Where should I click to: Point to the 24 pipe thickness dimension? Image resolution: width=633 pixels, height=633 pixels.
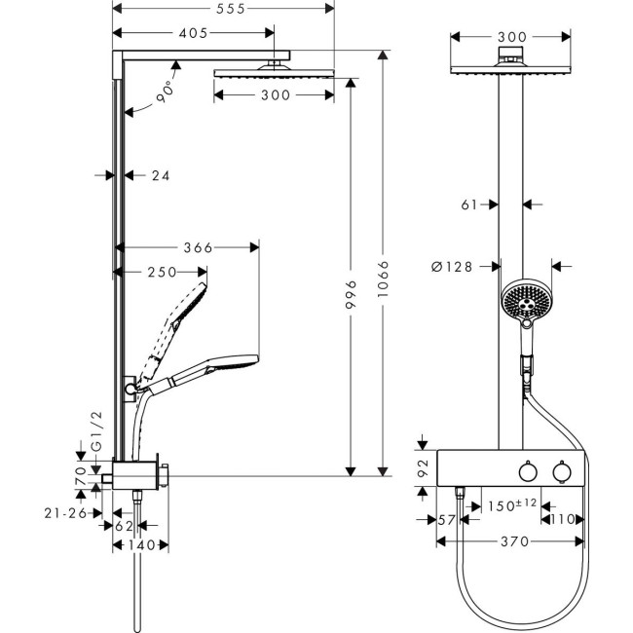click(x=161, y=176)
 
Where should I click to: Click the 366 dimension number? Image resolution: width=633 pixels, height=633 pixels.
click(x=197, y=247)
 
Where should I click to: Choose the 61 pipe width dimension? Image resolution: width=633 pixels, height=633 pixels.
click(x=467, y=205)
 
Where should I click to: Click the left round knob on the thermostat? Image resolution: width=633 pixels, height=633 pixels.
click(x=527, y=472)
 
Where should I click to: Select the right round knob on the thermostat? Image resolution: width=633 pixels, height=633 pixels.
click(x=561, y=472)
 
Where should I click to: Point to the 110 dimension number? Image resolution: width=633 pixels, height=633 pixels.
click(x=564, y=520)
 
